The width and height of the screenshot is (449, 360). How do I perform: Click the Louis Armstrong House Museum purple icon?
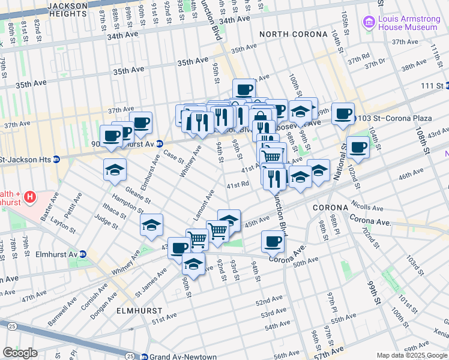(x=369, y=22)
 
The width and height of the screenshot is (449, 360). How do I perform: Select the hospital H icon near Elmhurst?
(x=29, y=196)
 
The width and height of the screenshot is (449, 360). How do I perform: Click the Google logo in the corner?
(x=20, y=353)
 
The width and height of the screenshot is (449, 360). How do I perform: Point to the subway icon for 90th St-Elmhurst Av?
(x=160, y=143)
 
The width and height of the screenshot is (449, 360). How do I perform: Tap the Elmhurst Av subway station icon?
(x=83, y=254)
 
